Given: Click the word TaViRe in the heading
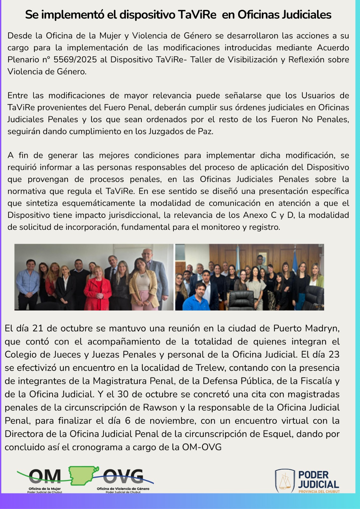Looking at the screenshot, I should pos(197,15).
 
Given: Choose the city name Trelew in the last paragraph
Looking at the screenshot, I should pos(210,368).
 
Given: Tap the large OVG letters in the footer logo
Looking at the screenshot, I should pos(124,476).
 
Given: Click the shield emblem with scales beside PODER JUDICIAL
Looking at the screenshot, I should pos(285,481).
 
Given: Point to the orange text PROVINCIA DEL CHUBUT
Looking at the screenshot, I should pos(319,492).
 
